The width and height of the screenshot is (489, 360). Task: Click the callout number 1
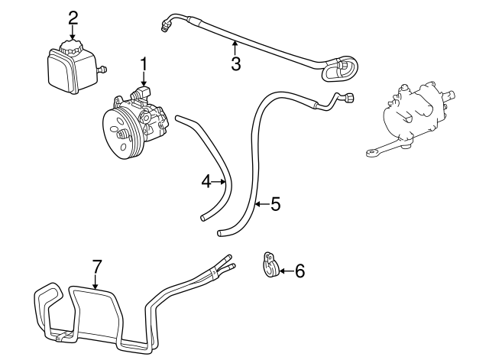144,64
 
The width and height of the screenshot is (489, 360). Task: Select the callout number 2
73,18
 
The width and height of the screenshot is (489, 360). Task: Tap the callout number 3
236,63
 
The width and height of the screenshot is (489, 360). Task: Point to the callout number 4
206,181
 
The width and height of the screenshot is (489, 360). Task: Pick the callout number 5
276,204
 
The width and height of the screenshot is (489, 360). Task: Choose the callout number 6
300,271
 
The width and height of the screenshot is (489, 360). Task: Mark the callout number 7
97,267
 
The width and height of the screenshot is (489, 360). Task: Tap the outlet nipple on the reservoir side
102,70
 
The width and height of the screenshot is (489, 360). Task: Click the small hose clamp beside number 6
270,264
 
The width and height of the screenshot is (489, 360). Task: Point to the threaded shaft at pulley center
124,135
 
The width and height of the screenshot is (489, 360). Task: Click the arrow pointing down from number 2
73,32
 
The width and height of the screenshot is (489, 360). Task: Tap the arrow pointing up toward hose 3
235,48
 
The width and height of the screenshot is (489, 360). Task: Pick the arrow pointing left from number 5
262,204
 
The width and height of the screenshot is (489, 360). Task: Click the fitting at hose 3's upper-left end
164,26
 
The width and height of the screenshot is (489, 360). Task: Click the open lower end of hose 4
204,217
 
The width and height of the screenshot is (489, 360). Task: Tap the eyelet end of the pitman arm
371,153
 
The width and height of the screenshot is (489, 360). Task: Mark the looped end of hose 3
341,68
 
